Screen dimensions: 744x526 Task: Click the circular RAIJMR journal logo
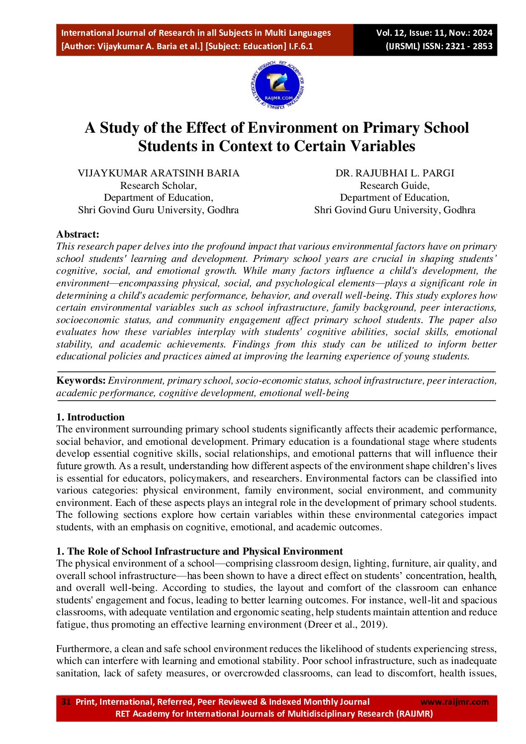(x=277, y=85)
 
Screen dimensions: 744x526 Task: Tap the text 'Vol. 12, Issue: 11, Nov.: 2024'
(x=434, y=33)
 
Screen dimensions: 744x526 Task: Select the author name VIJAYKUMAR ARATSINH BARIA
(x=158, y=173)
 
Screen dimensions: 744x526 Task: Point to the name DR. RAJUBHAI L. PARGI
(x=395, y=173)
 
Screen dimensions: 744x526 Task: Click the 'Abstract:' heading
(x=78, y=234)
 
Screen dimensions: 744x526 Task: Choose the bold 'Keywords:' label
(x=81, y=381)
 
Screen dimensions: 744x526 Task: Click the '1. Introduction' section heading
(x=90, y=417)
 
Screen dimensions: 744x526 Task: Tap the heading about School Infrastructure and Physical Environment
(x=199, y=551)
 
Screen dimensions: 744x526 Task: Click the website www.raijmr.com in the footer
(x=454, y=702)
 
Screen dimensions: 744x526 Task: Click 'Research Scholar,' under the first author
(x=158, y=185)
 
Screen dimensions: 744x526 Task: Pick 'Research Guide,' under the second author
(x=395, y=185)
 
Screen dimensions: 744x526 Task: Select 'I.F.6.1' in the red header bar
(x=301, y=46)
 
